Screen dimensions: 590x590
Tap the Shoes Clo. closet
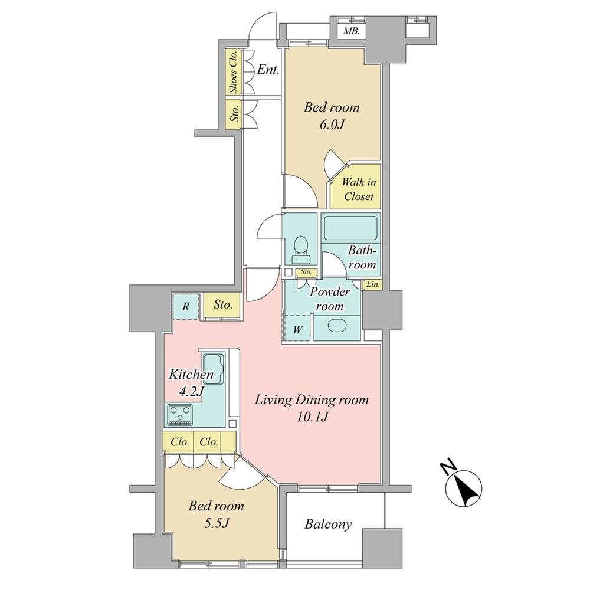(x=233, y=71)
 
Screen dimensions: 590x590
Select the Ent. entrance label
(x=268, y=70)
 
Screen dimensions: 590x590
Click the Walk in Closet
(x=359, y=189)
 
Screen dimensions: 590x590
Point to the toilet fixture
(x=301, y=248)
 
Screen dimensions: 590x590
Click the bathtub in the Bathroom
(x=350, y=227)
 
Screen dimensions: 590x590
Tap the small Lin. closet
(x=373, y=284)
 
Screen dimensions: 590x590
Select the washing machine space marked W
(x=298, y=329)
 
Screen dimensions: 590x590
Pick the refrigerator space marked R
(x=186, y=306)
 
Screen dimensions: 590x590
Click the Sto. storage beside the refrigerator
(x=222, y=306)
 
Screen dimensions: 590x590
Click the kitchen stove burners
(x=181, y=414)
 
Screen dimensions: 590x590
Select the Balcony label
(x=329, y=524)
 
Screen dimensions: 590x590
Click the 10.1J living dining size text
(x=312, y=417)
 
